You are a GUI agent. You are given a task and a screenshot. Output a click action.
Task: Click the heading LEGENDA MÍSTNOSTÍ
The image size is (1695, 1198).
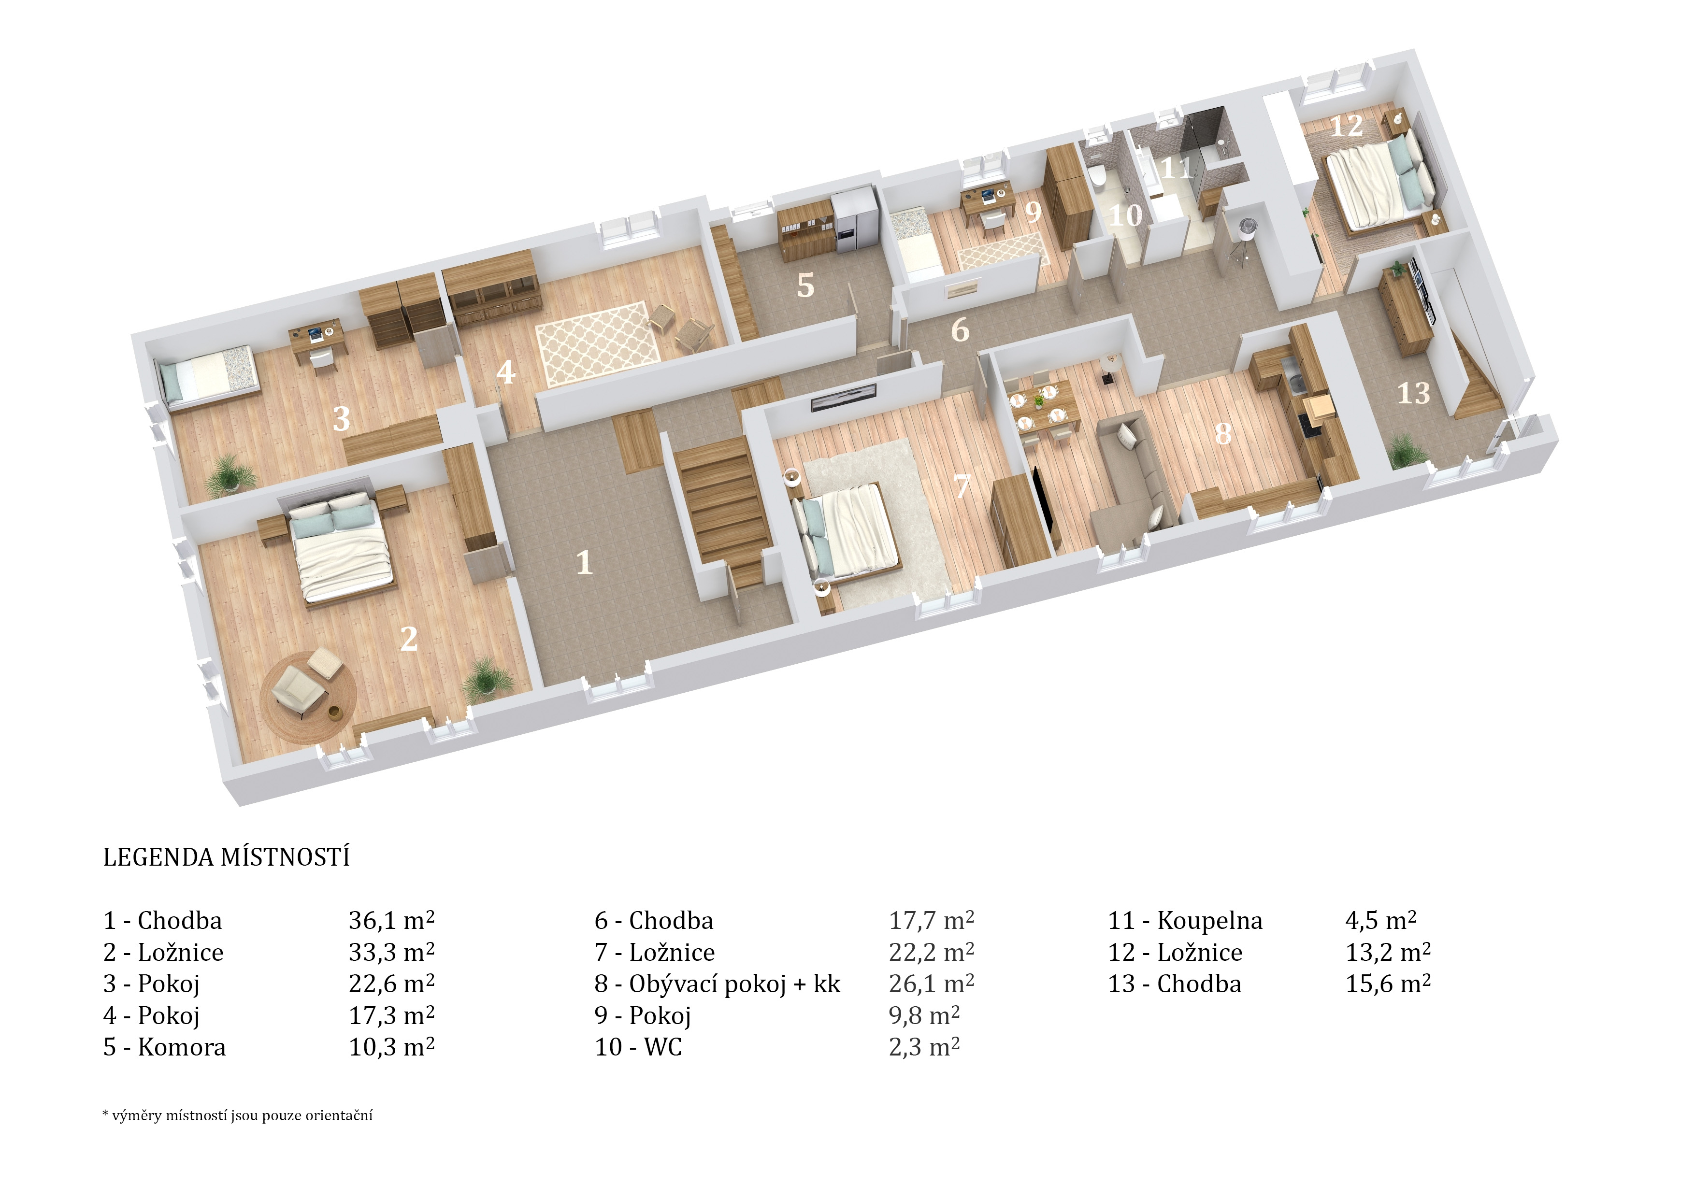click(226, 858)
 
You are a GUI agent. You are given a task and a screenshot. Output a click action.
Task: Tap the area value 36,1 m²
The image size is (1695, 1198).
click(391, 920)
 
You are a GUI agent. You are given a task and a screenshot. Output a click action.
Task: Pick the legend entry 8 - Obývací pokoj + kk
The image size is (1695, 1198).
click(718, 984)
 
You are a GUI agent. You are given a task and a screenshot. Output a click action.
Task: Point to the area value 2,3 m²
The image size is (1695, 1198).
click(924, 1047)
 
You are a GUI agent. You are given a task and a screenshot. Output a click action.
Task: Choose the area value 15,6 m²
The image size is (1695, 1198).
click(1388, 984)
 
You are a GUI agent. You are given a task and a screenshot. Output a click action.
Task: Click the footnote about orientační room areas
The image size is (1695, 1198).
click(237, 1115)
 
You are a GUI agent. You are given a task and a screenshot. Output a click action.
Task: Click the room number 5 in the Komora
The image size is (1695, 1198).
click(805, 285)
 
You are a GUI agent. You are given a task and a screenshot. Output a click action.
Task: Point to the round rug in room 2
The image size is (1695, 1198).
click(309, 698)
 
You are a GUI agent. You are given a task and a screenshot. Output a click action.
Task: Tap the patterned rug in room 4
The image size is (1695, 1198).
click(599, 343)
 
